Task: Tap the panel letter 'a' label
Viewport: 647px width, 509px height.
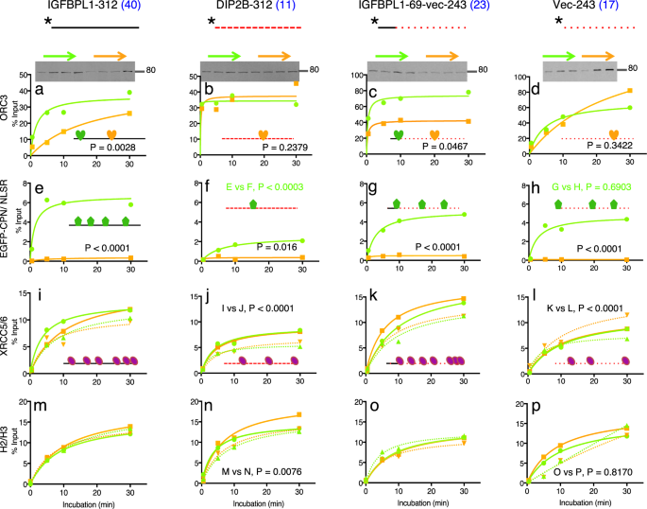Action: (41, 89)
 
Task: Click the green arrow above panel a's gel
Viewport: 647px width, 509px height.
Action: (58, 54)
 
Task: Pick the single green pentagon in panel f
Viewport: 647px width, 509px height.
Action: (252, 204)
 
